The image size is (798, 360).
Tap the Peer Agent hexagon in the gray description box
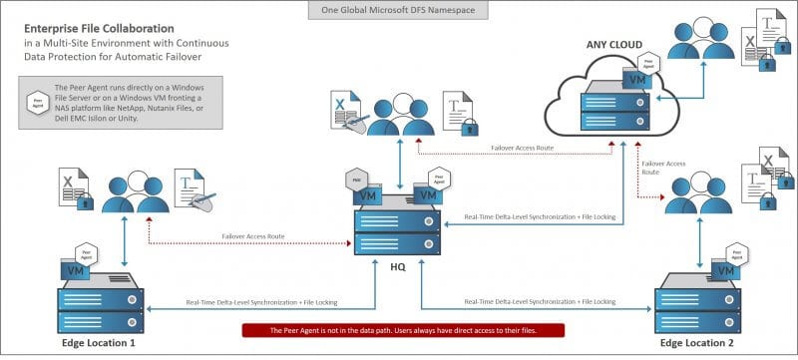pyautogui.click(x=38, y=102)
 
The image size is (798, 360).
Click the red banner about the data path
pyautogui.click(x=403, y=330)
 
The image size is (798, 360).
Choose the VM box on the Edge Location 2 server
pyautogui.click(x=717, y=271)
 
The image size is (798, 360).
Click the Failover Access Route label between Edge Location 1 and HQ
pyautogui.click(x=252, y=236)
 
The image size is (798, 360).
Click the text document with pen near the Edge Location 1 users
pyautogui.click(x=195, y=187)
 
